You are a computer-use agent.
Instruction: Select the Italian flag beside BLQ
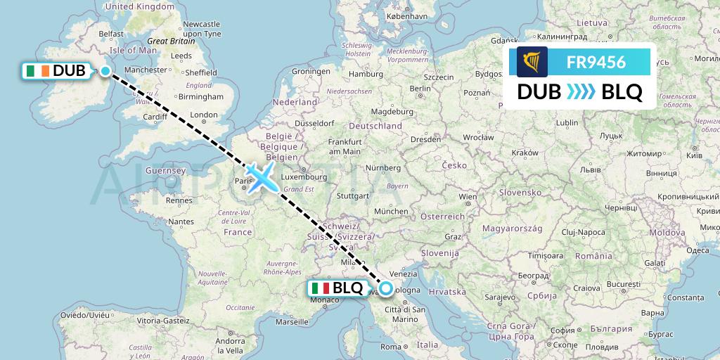tap(320, 288)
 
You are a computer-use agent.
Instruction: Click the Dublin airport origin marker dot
tap(105, 70)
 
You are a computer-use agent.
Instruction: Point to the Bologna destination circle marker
tap(386, 288)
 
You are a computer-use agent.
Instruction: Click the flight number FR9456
tap(596, 63)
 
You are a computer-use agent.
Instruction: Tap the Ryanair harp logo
tap(532, 62)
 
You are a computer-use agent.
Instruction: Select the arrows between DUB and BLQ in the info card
tap(579, 92)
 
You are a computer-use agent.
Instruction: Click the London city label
tap(204, 115)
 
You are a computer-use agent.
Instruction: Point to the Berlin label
tap(420, 88)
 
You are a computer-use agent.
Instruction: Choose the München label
tap(392, 211)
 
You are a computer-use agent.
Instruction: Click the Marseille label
tap(292, 323)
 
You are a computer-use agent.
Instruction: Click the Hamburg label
tap(365, 74)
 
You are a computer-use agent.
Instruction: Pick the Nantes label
tap(181, 221)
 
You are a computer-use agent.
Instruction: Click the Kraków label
tap(524, 152)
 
